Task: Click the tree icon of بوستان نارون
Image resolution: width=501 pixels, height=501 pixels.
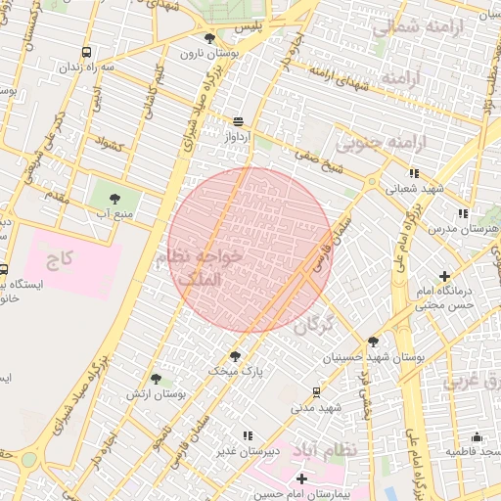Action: click(x=209, y=38)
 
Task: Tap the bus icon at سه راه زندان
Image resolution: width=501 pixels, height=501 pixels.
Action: click(x=87, y=52)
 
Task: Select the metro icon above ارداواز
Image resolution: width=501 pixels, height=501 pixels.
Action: click(x=238, y=121)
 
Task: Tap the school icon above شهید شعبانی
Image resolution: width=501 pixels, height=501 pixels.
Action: click(x=415, y=173)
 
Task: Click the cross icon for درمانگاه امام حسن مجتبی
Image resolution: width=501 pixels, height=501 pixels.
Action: click(x=445, y=276)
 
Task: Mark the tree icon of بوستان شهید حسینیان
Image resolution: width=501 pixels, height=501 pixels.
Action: click(x=373, y=342)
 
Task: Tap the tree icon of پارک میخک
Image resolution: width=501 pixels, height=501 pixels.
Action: click(x=235, y=356)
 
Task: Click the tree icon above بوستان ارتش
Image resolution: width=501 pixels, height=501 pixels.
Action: click(x=156, y=378)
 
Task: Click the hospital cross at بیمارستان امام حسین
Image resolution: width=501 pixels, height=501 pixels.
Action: click(x=301, y=478)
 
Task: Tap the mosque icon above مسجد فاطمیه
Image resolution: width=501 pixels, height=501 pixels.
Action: click(x=478, y=436)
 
